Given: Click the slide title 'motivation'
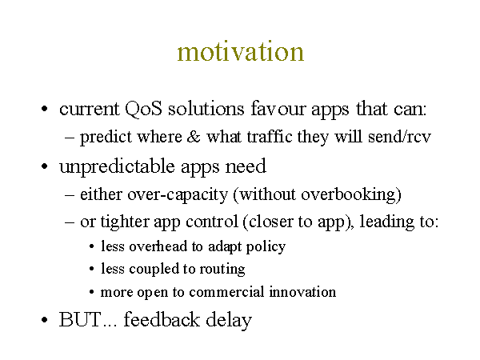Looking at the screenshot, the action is coord(241,51).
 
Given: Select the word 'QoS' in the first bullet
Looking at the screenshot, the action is coord(143,109).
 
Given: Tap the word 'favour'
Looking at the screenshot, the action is coord(278,108).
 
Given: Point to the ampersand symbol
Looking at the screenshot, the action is coord(194,137).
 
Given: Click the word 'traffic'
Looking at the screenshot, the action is coord(270,136).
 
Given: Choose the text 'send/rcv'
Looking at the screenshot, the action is coord(399,136).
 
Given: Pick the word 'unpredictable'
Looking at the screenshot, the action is coord(118,167).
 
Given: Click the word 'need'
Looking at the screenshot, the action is coord(246,166).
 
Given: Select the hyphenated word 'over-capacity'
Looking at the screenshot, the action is coord(178,194).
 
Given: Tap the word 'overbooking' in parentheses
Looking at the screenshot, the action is coord(349,194).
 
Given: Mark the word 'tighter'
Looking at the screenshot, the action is coord(125,222).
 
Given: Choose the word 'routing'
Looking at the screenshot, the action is coord(222,270).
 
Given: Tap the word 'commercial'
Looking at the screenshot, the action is coord(226,292).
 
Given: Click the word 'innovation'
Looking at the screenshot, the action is coord(302,292).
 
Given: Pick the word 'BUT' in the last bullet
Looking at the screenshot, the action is coord(79,319).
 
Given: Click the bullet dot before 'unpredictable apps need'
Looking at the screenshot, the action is coord(44,167).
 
